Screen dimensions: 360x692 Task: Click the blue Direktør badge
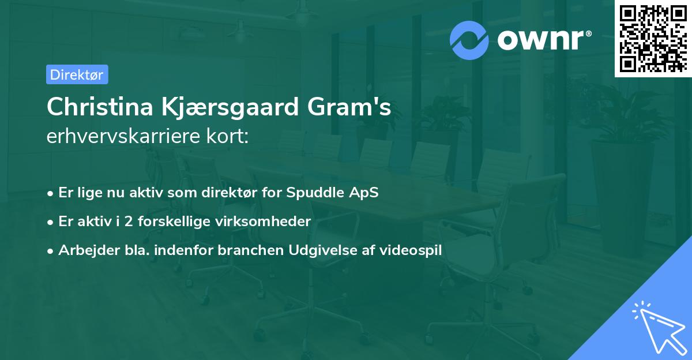[77, 74]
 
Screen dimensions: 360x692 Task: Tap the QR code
[653, 38]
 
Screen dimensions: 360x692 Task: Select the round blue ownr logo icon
[470, 40]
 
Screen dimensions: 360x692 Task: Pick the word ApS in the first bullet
[365, 192]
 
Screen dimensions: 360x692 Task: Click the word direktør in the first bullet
[235, 192]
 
